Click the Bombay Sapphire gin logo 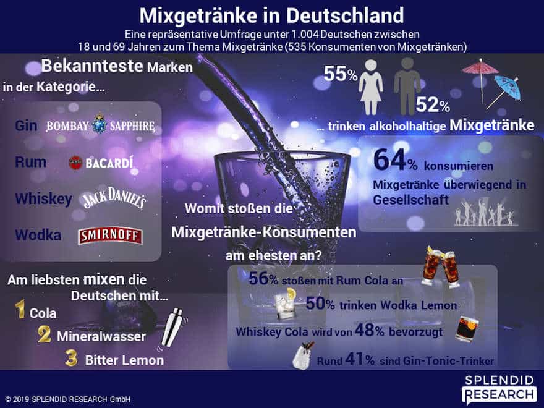tap(100, 126)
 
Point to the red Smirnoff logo tap(111, 236)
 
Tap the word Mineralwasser tap(101, 337)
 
